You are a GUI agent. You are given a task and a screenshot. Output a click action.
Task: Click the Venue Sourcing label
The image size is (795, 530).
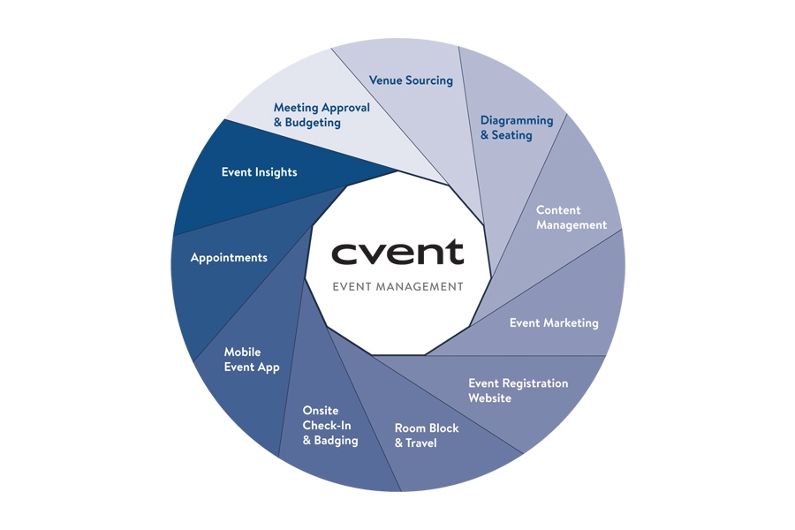411,80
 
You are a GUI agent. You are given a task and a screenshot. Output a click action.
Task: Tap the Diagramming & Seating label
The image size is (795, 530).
516,127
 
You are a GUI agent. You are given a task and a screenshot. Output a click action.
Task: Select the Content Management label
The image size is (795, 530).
571,217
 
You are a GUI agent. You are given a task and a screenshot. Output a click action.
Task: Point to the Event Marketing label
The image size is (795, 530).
554,322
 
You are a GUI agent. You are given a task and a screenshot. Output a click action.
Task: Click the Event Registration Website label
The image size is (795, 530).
518,390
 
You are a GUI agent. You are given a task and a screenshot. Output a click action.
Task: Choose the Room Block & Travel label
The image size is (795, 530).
427,435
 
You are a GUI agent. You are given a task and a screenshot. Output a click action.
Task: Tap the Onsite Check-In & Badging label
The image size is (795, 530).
329,426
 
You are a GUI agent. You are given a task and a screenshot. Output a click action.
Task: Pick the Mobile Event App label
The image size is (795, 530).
252,360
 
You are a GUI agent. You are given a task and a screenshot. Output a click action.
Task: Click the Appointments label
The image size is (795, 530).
229,258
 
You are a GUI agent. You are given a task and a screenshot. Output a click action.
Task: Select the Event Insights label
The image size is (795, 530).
259,172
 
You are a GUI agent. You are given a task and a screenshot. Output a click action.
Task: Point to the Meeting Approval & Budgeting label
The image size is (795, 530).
322,115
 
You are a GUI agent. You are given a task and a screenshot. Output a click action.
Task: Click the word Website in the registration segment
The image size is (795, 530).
489,398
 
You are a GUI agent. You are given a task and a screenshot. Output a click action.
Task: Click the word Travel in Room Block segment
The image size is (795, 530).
420,443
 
